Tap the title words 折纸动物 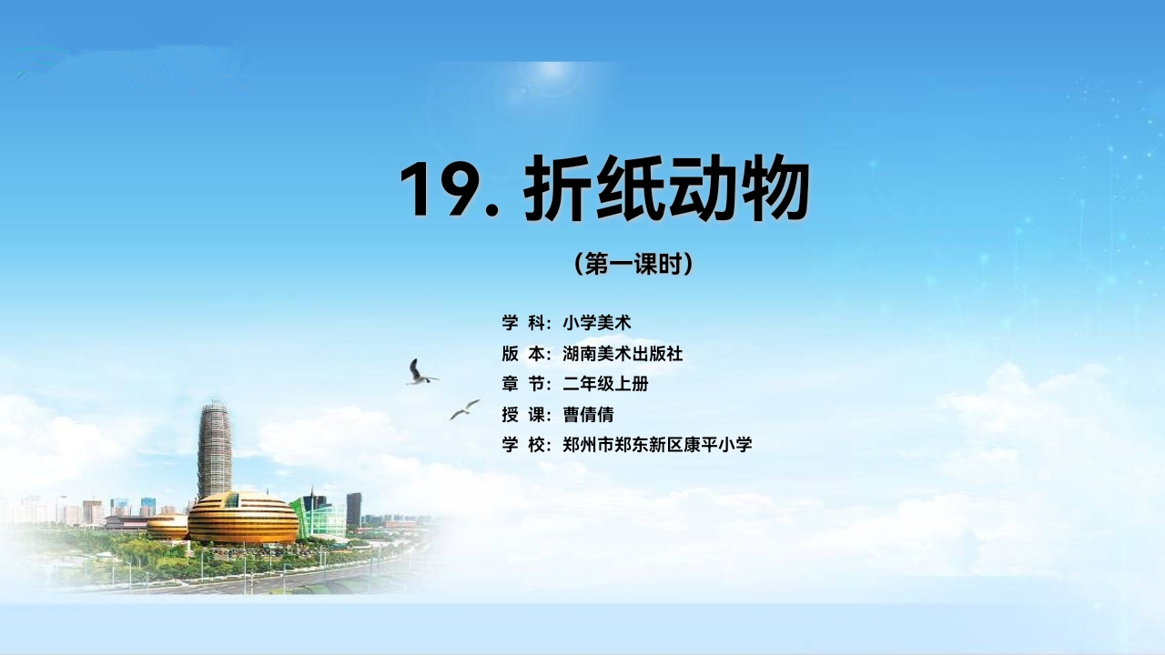tap(666, 188)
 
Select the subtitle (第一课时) tap(633, 264)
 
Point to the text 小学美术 tap(596, 323)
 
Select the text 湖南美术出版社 tap(623, 354)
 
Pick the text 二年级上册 tap(605, 384)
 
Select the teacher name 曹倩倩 tap(588, 414)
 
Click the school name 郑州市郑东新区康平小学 tap(657, 445)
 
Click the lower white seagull tap(464, 409)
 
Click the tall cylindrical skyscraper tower tap(214, 449)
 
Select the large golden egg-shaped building tap(243, 518)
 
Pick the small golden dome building tap(167, 527)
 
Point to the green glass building tap(319, 518)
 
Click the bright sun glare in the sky tap(546, 79)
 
